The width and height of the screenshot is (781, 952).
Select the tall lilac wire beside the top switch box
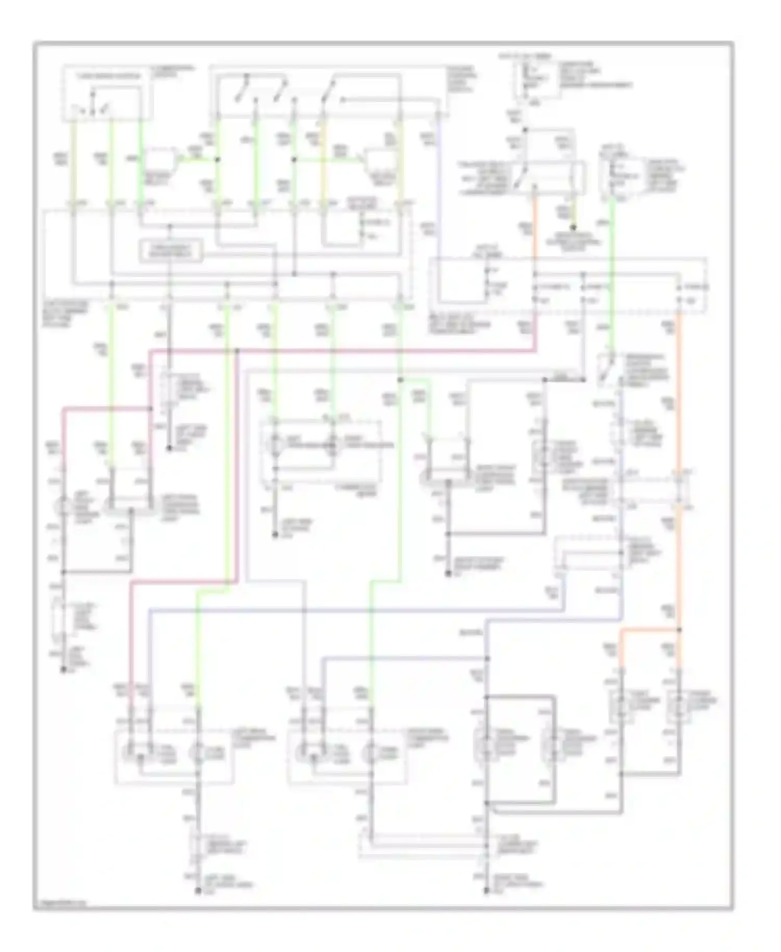pyautogui.click(x=438, y=208)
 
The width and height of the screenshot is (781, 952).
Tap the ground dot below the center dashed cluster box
pyautogui.click(x=276, y=535)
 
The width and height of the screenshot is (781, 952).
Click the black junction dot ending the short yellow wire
pyautogui.click(x=574, y=228)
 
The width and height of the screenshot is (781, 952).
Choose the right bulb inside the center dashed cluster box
pyautogui.click(x=332, y=446)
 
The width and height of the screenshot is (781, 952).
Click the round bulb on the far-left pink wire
pyautogui.click(x=64, y=505)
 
